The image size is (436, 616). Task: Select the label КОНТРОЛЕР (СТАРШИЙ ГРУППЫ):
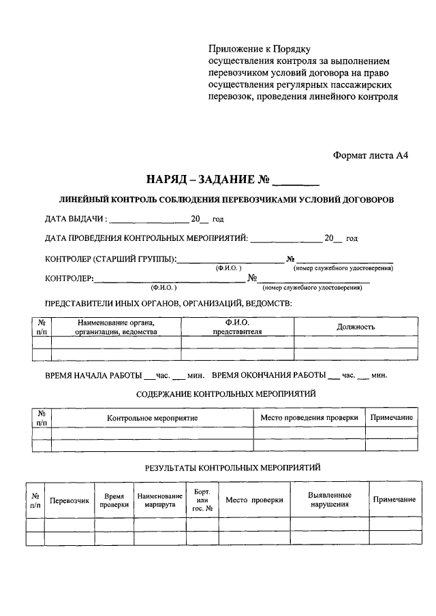(111, 259)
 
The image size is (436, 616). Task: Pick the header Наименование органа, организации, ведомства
(116, 327)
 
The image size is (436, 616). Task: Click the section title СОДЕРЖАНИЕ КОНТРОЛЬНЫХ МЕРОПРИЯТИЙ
(225, 394)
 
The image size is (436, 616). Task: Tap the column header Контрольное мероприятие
(152, 417)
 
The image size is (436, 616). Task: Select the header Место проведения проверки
(309, 417)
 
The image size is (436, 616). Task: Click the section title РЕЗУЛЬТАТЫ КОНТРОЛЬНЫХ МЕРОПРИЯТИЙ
(232, 468)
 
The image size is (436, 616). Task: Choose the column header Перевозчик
(69, 500)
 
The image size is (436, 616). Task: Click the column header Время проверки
(114, 500)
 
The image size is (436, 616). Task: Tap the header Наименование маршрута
(160, 500)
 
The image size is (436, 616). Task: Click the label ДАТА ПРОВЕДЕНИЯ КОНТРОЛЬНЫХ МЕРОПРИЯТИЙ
(146, 239)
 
